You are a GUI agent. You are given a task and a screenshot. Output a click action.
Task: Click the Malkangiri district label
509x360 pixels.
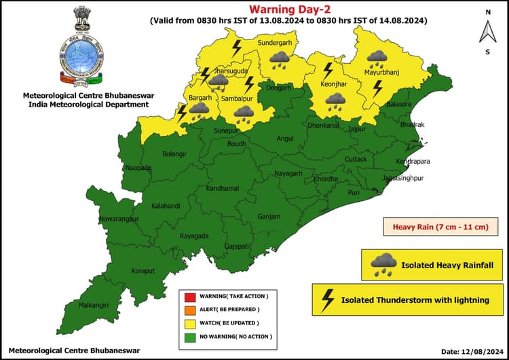(x=94, y=305)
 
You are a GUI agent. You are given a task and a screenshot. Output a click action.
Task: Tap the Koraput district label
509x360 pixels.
(x=143, y=270)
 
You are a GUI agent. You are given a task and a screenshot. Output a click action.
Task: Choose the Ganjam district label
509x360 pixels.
(x=269, y=217)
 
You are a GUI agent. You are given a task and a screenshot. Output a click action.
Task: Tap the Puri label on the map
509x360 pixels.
(x=354, y=193)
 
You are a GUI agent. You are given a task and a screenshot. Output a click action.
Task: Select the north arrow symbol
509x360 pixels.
(x=487, y=31)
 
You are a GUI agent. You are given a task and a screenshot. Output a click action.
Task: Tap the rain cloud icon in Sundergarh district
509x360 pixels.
(x=277, y=61)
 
